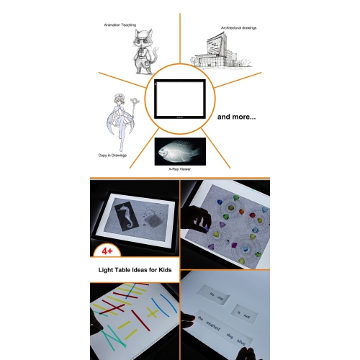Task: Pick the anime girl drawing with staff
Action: [x=121, y=122]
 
